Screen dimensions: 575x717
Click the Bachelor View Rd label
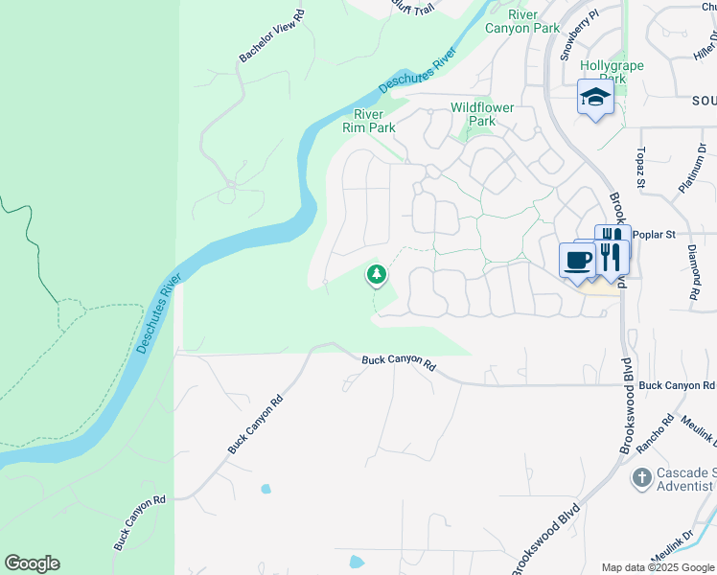point(271,37)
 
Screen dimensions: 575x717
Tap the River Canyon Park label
point(535,21)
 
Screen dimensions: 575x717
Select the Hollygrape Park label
point(613,72)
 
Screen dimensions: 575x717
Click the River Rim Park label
point(368,120)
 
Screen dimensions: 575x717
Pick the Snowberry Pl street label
point(580,34)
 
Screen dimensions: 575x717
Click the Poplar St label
point(657,234)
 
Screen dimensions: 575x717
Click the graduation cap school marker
point(595,97)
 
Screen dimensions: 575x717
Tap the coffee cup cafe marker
point(578,260)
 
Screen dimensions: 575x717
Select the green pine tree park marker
point(377,275)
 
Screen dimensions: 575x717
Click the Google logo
point(32,563)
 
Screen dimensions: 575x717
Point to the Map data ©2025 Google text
point(657,567)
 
